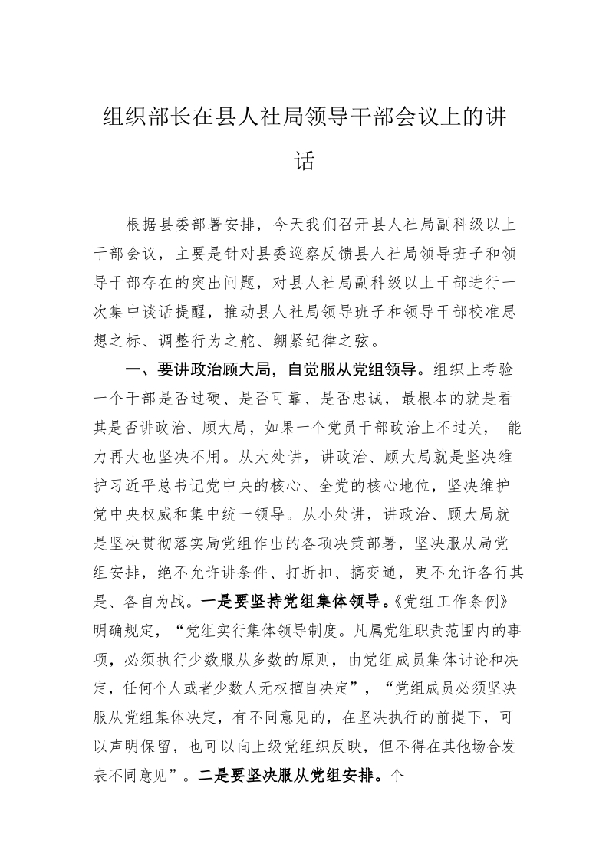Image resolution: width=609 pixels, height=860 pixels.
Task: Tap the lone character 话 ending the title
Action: click(x=304, y=162)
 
